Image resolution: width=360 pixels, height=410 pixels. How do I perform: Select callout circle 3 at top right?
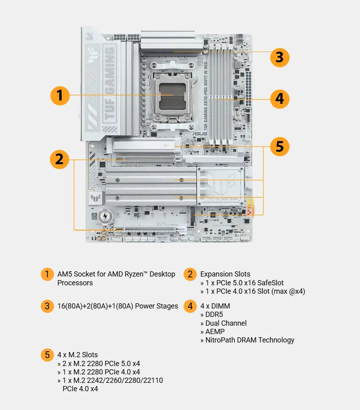tap(280, 57)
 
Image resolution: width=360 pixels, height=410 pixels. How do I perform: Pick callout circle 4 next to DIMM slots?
tap(280, 98)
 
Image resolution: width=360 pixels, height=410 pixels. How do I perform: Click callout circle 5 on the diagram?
tap(280, 147)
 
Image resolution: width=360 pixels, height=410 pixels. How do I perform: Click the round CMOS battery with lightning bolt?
tap(105, 216)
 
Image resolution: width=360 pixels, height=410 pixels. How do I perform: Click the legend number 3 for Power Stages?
tap(47, 306)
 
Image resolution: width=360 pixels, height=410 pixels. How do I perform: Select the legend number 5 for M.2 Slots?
tap(47, 354)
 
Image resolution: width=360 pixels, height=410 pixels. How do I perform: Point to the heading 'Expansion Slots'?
tap(225, 274)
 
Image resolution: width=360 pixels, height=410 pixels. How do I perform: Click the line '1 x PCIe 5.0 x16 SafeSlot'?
tap(244, 283)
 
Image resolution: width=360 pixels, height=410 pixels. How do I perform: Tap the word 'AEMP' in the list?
tap(214, 332)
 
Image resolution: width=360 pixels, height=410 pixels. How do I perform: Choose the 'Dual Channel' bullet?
tap(226, 323)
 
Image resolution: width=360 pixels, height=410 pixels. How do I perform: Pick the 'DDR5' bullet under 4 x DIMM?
tap(214, 314)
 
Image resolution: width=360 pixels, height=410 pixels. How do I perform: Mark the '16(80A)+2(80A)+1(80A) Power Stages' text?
tap(118, 306)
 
